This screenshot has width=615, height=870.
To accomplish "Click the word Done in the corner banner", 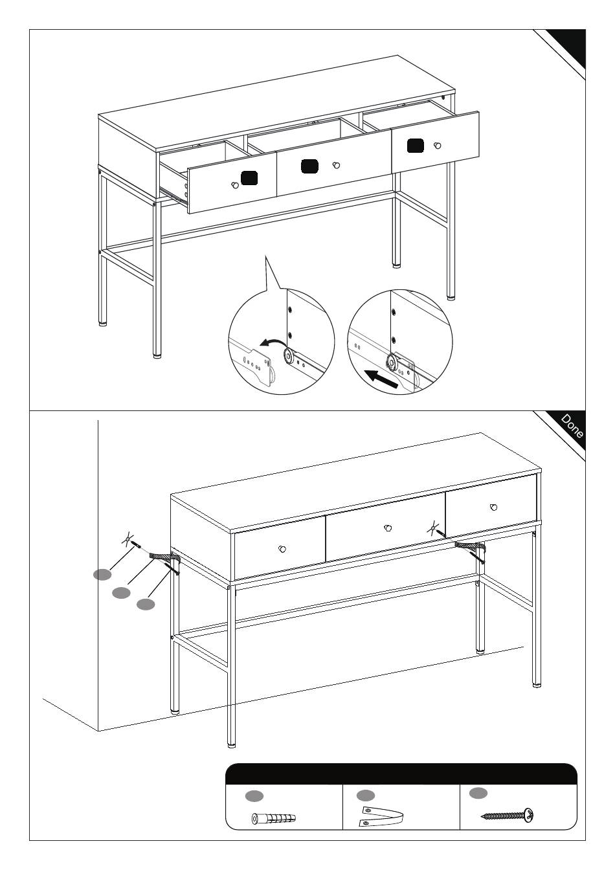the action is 572,426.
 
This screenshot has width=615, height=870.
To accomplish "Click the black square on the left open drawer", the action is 249,178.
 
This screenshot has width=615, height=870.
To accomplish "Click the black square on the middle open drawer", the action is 310,166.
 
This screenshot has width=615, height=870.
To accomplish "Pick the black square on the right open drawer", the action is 416,146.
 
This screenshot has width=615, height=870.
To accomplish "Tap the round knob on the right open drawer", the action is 438,146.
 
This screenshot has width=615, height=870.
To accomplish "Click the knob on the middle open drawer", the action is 337,166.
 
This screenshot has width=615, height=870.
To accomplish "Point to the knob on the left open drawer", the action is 235,185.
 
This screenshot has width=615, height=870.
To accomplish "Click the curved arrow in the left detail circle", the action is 272,341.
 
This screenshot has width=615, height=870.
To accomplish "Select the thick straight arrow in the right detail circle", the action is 383,379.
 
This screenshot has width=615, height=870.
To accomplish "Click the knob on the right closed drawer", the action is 494,507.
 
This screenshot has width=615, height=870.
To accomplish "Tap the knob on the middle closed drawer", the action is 387,528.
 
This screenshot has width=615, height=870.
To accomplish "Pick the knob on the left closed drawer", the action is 282,549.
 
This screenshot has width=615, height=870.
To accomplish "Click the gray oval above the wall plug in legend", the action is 254,796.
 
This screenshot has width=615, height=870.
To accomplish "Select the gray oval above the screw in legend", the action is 478,793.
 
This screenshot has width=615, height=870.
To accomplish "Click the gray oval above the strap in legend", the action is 366,796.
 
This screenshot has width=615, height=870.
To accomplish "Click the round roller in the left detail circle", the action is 289,355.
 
